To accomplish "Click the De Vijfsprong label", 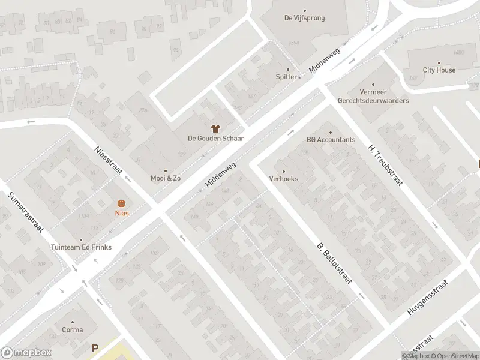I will tap(304, 18).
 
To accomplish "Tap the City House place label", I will tap(439, 70).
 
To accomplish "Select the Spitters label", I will tap(288, 77).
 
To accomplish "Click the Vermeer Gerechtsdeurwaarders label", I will tap(373, 96).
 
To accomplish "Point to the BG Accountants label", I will tap(331, 140).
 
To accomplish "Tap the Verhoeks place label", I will tap(284, 179).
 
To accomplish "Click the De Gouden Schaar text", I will tap(215, 138).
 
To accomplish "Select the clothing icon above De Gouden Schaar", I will tap(215, 128).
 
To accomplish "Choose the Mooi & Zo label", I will tap(166, 178).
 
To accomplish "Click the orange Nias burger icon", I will tap(122, 203).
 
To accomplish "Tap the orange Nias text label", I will tap(122, 213).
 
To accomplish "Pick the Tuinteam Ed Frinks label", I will tap(81, 247).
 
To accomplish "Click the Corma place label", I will tap(72, 329).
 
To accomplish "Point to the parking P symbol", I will tap(94, 347).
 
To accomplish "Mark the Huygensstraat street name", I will tap(428, 298).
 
